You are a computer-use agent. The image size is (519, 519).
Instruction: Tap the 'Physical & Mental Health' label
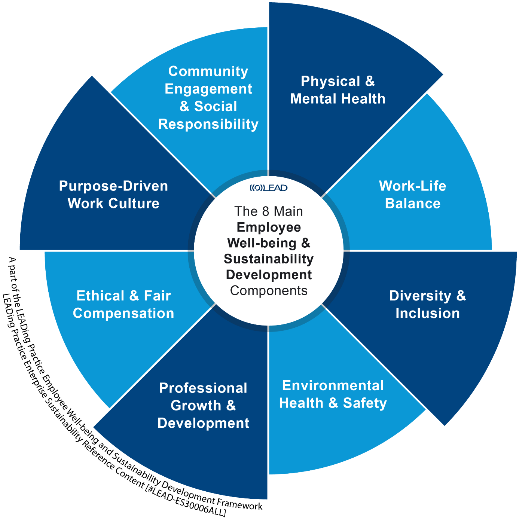tap(338, 90)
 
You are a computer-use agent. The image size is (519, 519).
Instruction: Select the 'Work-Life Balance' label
tap(412, 195)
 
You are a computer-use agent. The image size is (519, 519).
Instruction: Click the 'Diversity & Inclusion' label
tap(427, 304)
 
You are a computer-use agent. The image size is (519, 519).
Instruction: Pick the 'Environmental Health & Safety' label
tap(333, 394)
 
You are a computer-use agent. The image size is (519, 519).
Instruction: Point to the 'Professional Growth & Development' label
tap(203, 406)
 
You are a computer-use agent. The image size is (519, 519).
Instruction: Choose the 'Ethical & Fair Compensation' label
tap(123, 304)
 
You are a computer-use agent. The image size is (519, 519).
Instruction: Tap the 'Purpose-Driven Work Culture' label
tap(113, 195)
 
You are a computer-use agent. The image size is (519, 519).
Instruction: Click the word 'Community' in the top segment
tap(208, 71)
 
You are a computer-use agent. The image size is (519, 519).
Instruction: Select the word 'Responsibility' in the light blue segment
tap(208, 124)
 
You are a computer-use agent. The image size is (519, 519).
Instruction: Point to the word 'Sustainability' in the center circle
tap(269, 259)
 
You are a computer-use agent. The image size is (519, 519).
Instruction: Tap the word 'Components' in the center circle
tap(269, 290)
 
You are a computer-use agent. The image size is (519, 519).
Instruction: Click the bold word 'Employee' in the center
tap(269, 227)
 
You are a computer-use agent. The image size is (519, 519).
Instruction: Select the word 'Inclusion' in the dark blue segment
tap(427, 313)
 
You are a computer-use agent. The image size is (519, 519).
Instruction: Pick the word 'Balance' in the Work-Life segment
tap(412, 204)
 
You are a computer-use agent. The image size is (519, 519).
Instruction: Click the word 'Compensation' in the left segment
tap(123, 313)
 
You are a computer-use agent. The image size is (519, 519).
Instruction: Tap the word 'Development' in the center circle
tap(269, 275)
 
